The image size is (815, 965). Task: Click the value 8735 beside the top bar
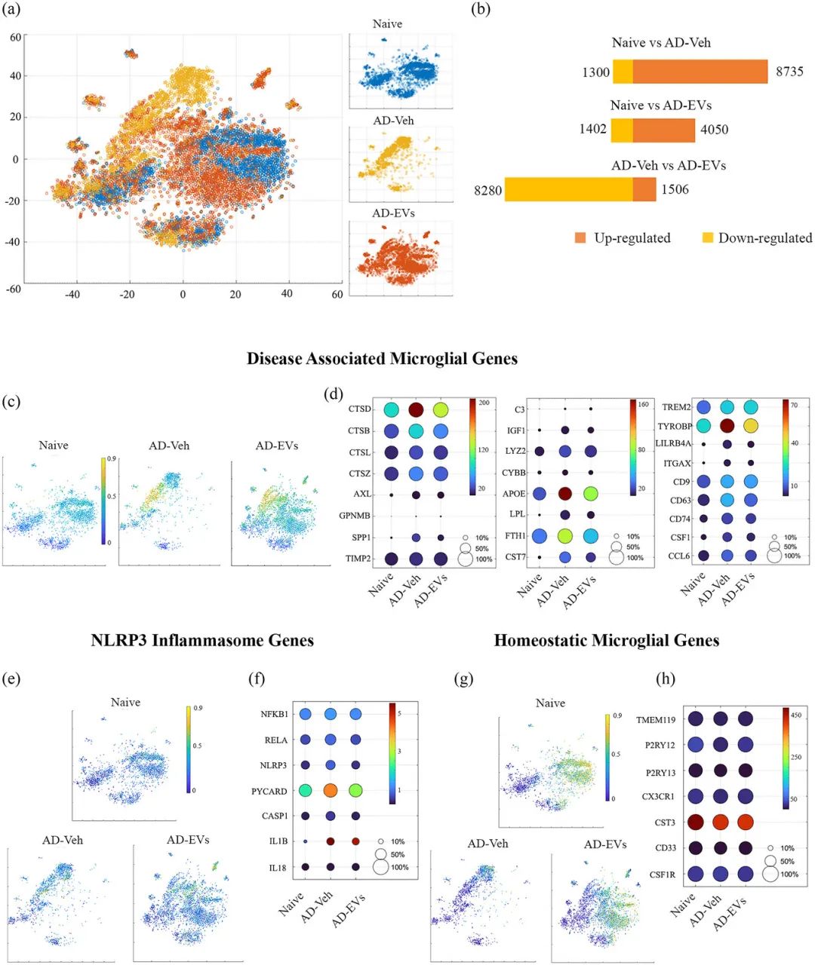789,72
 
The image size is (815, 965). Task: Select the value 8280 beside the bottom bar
487,190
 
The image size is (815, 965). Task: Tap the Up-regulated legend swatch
580,238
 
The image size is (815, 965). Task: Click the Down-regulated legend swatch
707,238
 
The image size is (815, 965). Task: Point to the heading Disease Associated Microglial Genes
382,359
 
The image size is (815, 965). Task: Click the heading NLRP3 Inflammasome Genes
202,641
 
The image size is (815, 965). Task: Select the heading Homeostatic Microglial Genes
607,641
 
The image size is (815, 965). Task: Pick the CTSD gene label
360,409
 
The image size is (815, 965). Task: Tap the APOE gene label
515,494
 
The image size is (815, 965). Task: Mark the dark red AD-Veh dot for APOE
565,494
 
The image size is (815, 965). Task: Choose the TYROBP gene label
675,427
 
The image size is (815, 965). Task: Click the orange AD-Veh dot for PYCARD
331,791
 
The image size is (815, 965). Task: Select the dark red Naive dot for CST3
696,822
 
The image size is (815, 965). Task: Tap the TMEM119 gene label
655,719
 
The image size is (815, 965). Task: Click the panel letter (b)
481,10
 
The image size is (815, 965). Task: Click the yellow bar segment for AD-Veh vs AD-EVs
568,189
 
